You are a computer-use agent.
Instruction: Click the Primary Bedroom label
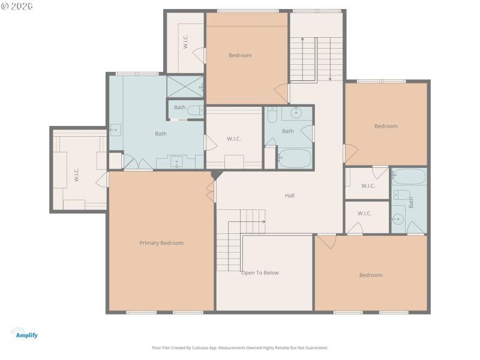click(161, 243)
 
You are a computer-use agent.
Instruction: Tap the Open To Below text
click(260, 272)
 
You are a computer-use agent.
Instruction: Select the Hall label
click(289, 196)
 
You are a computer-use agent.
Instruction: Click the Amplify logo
click(25, 333)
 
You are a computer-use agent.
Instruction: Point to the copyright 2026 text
click(17, 5)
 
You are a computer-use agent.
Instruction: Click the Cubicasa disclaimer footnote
click(240, 347)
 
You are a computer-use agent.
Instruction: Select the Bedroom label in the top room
click(240, 55)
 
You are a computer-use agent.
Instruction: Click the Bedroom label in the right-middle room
click(386, 126)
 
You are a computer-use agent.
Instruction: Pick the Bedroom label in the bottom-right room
click(370, 275)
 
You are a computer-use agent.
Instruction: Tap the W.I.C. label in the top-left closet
click(185, 41)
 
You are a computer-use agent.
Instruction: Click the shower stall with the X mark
click(184, 86)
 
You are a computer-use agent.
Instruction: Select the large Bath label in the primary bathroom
click(161, 134)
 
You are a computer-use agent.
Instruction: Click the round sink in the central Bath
click(296, 113)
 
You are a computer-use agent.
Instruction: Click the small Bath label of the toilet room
click(179, 107)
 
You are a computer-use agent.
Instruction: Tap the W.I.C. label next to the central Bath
click(233, 139)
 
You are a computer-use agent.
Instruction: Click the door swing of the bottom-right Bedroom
click(328, 241)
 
